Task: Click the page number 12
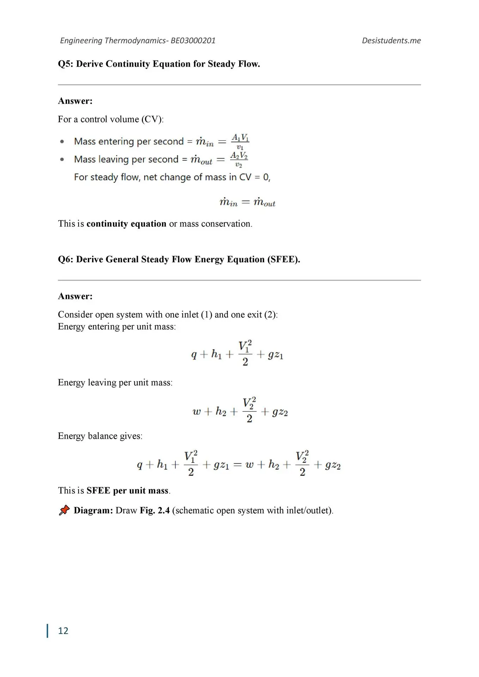pyautogui.click(x=63, y=630)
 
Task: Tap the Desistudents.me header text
pyautogui.click(x=391, y=41)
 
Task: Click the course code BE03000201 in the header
pyautogui.click(x=193, y=41)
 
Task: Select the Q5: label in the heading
pyautogui.click(x=66, y=64)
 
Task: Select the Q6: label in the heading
pyautogui.click(x=66, y=260)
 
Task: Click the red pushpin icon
pyautogui.click(x=64, y=510)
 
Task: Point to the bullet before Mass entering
pyautogui.click(x=62, y=141)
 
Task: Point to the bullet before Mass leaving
pyautogui.click(x=62, y=159)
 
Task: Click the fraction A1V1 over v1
pyautogui.click(x=240, y=142)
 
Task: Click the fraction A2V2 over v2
pyautogui.click(x=239, y=160)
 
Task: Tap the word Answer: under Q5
pyautogui.click(x=75, y=101)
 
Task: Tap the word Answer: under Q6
pyautogui.click(x=75, y=296)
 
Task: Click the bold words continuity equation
pyautogui.click(x=126, y=224)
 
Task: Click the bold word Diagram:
pyautogui.click(x=93, y=510)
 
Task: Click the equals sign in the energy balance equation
pyautogui.click(x=237, y=465)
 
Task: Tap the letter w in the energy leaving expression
pyautogui.click(x=196, y=411)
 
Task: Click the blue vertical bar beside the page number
pyautogui.click(x=47, y=630)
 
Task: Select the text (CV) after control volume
pyautogui.click(x=152, y=119)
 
